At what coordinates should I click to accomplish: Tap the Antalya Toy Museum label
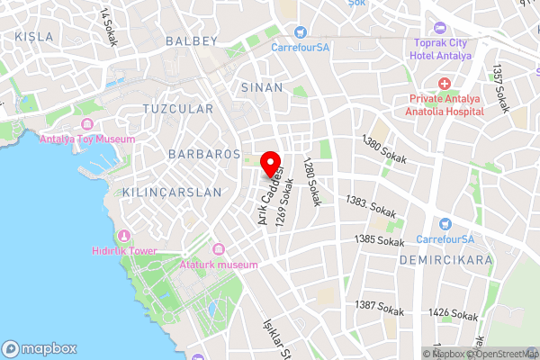tap(86, 139)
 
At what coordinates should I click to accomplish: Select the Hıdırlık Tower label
tap(124, 251)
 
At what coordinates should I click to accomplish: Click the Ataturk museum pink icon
tap(217, 249)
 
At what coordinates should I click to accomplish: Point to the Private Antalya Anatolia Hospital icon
tap(445, 83)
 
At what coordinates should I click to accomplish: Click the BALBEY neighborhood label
tap(193, 41)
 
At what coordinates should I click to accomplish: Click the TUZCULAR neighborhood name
tap(178, 109)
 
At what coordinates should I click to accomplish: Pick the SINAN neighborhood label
tap(262, 87)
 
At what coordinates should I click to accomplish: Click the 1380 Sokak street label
tap(382, 148)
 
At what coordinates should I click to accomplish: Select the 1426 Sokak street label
tap(453, 315)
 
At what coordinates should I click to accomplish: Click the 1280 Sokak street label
tap(311, 181)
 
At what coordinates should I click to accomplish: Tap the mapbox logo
tap(40, 348)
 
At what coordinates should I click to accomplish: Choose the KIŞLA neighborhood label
tap(34, 37)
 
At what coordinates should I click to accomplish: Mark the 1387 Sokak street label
tap(378, 307)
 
